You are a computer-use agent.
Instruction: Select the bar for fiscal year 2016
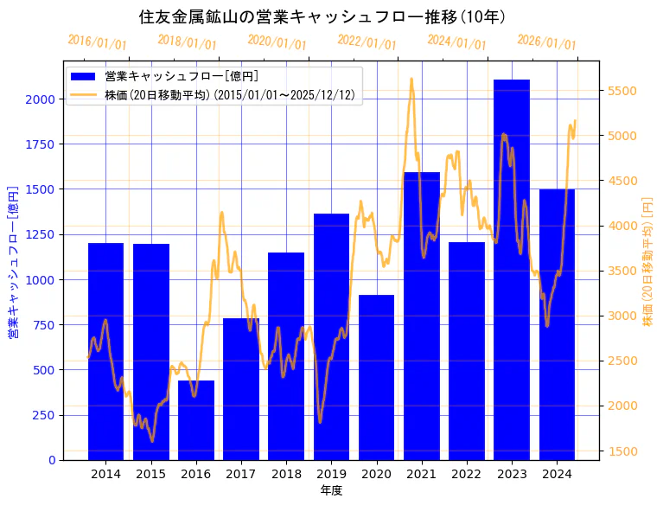[x=196, y=420]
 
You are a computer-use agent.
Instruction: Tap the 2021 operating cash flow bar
[x=422, y=316]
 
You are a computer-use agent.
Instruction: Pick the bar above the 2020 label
[x=377, y=377]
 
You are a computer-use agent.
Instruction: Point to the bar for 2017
[x=241, y=389]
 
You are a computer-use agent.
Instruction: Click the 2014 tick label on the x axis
[x=105, y=474]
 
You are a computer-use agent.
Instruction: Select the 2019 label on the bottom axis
[x=331, y=474]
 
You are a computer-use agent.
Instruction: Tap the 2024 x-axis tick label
[x=557, y=474]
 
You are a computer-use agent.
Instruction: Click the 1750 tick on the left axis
[x=41, y=144]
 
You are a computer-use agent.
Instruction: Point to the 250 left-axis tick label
[x=45, y=415]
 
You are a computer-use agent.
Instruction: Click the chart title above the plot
[x=322, y=17]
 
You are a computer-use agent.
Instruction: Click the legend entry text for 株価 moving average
[x=230, y=94]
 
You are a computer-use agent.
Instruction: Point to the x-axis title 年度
[x=331, y=490]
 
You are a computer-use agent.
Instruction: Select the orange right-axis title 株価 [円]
[x=647, y=259]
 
